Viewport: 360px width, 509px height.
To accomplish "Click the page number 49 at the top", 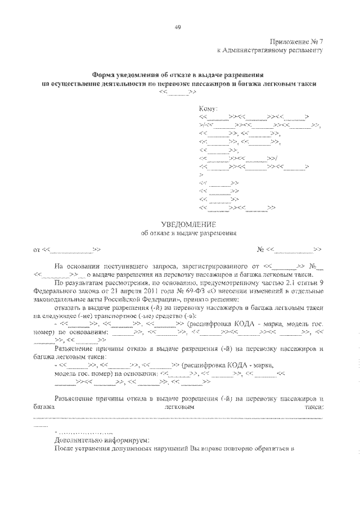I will coord(178,26).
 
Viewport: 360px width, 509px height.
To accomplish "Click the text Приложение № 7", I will coord(297,42).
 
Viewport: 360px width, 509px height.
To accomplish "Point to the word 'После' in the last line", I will coord(64,449).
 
